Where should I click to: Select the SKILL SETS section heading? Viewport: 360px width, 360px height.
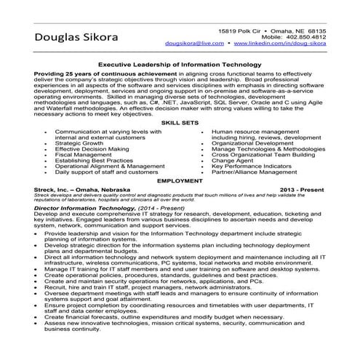click(180, 104)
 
